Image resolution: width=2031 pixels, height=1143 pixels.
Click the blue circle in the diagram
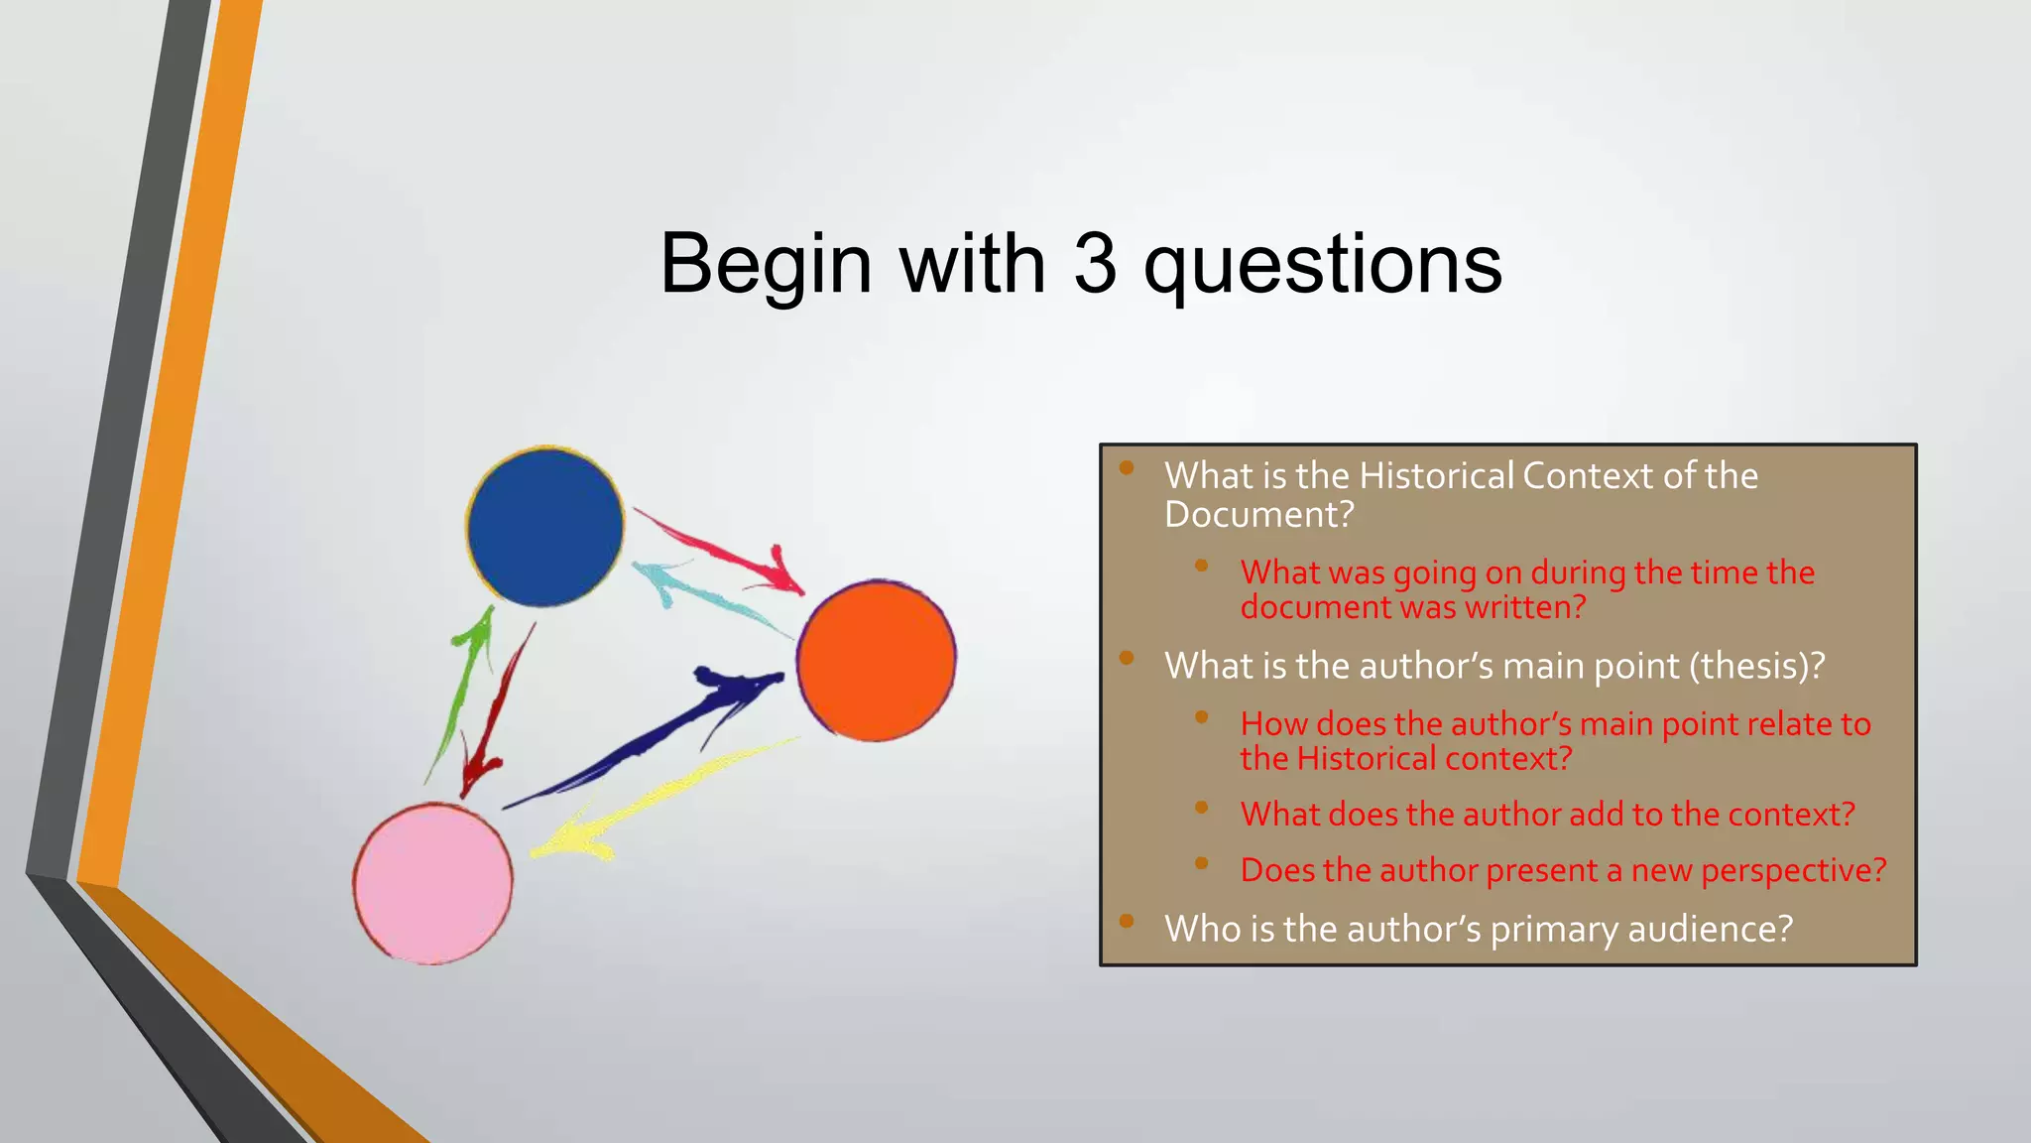click(545, 527)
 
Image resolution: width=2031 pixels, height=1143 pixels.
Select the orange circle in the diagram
click(877, 660)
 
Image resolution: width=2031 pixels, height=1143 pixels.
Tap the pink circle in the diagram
click(433, 883)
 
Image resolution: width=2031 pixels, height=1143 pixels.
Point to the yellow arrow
click(655, 799)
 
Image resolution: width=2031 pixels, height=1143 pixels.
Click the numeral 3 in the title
click(1095, 264)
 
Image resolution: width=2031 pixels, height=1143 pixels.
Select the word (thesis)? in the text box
click(1757, 666)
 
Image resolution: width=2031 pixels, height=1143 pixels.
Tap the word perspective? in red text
click(1793, 870)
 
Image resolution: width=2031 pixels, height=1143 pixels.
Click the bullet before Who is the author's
click(1127, 921)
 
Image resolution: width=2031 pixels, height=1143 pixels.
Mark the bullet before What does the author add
click(1201, 807)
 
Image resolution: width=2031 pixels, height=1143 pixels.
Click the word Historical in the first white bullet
click(1436, 476)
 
